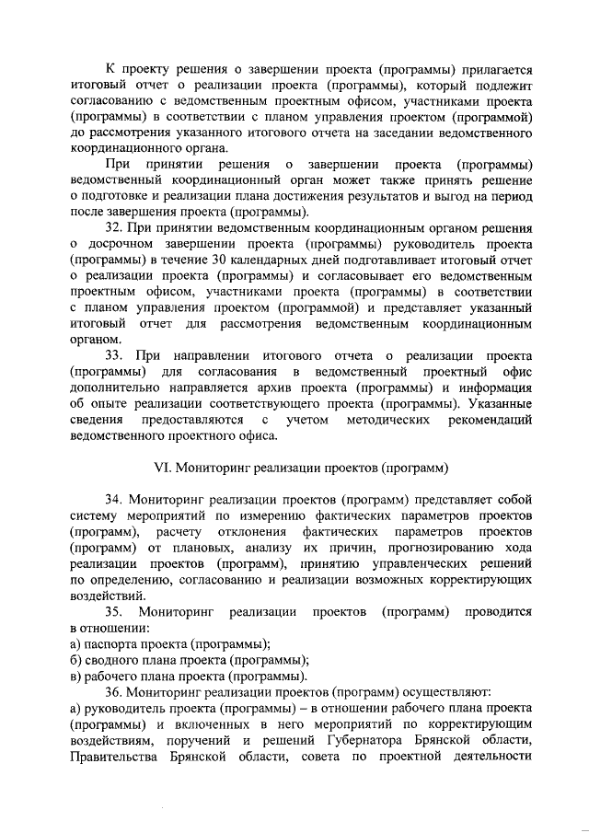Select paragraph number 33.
(x=113, y=355)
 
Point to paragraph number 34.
(x=113, y=499)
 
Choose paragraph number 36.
(x=113, y=690)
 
